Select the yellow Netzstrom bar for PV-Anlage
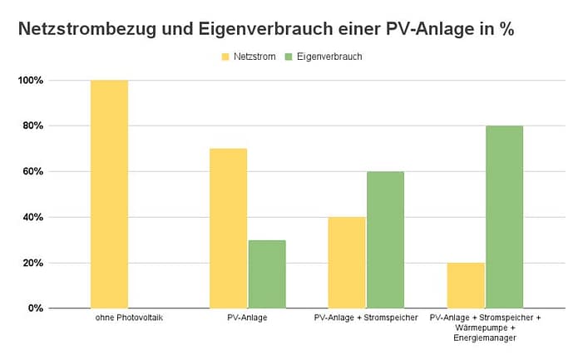(228, 228)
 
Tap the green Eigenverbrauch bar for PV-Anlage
(266, 274)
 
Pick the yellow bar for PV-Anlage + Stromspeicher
(347, 262)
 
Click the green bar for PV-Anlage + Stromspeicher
(385, 239)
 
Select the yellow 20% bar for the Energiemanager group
(466, 285)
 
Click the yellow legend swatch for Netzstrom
(225, 57)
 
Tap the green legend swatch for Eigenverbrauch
(289, 57)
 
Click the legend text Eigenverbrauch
(329, 57)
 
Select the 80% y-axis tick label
(33, 126)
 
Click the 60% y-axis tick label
(33, 172)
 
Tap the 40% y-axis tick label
(33, 217)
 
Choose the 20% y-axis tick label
(33, 263)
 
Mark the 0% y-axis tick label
(36, 308)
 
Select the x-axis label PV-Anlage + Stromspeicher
(366, 318)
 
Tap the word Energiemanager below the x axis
(485, 338)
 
